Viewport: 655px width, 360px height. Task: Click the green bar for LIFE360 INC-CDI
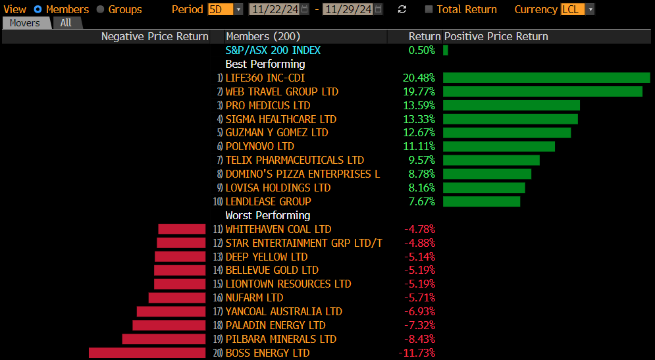[x=546, y=78]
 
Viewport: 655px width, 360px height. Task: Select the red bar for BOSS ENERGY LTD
[x=147, y=353]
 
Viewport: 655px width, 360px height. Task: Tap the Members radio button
[x=38, y=9]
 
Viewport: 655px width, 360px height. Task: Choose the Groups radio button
[x=101, y=9]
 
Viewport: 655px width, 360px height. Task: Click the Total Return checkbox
[x=429, y=9]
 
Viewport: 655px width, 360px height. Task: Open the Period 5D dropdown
[x=225, y=9]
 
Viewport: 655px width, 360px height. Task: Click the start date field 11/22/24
[x=275, y=9]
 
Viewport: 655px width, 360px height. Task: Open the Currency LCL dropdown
[x=578, y=9]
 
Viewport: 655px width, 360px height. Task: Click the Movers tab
[x=24, y=23]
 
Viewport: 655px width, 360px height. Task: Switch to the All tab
[x=66, y=23]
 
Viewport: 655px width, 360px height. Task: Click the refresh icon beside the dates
[x=402, y=9]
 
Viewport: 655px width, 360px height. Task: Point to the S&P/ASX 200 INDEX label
[x=273, y=51]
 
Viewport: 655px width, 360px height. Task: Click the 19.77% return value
[x=419, y=91]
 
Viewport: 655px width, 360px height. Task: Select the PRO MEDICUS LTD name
[x=267, y=105]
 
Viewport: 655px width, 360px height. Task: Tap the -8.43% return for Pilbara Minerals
[x=419, y=339]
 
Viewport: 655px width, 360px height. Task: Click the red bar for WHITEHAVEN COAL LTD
[x=182, y=229]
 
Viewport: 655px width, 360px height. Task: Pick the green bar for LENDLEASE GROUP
[x=481, y=201]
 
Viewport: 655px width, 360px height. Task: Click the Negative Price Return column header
[x=155, y=37]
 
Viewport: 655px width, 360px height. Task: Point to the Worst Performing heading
[x=267, y=215]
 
